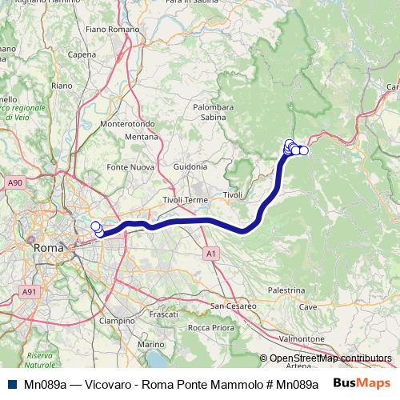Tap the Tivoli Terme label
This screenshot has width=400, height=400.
pyautogui.click(x=185, y=199)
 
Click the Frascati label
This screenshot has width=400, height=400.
pyautogui.click(x=163, y=314)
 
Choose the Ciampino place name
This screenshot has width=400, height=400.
pyautogui.click(x=118, y=320)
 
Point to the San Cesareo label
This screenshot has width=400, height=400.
pyautogui.click(x=233, y=306)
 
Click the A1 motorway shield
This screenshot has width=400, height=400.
pyautogui.click(x=210, y=253)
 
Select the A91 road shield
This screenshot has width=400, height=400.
pyautogui.click(x=30, y=292)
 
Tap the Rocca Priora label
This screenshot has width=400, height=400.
pyautogui.click(x=210, y=328)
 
